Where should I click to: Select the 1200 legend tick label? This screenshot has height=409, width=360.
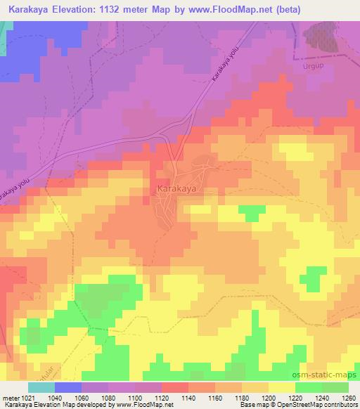pos(268,397)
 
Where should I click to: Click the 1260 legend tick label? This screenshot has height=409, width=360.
pos(347,397)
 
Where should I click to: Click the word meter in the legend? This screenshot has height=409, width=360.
pos(8,397)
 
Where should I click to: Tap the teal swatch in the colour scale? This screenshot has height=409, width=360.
pos(41,387)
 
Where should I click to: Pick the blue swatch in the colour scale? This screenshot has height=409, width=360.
pos(67,387)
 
